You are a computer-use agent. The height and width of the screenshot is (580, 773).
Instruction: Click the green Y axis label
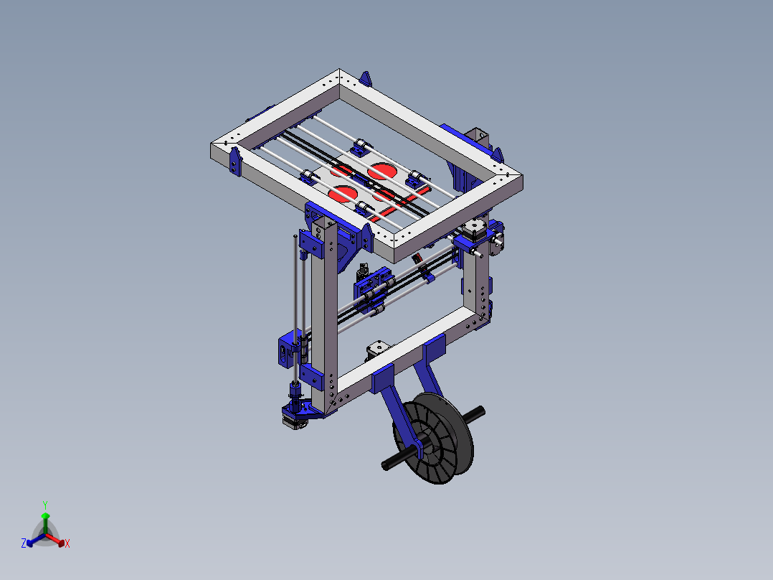(x=44, y=505)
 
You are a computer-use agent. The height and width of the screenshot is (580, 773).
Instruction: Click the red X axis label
(x=67, y=544)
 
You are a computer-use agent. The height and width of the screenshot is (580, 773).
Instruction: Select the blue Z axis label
(x=23, y=544)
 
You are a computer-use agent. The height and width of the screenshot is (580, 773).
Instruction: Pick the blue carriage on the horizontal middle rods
(x=374, y=291)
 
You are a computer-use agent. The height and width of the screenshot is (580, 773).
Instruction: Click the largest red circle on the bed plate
(x=382, y=171)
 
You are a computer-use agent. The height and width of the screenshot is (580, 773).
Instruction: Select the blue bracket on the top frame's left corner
(x=234, y=162)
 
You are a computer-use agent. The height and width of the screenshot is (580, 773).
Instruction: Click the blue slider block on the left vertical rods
(x=289, y=349)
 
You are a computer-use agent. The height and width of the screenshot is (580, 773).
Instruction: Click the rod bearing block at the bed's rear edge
(x=360, y=149)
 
